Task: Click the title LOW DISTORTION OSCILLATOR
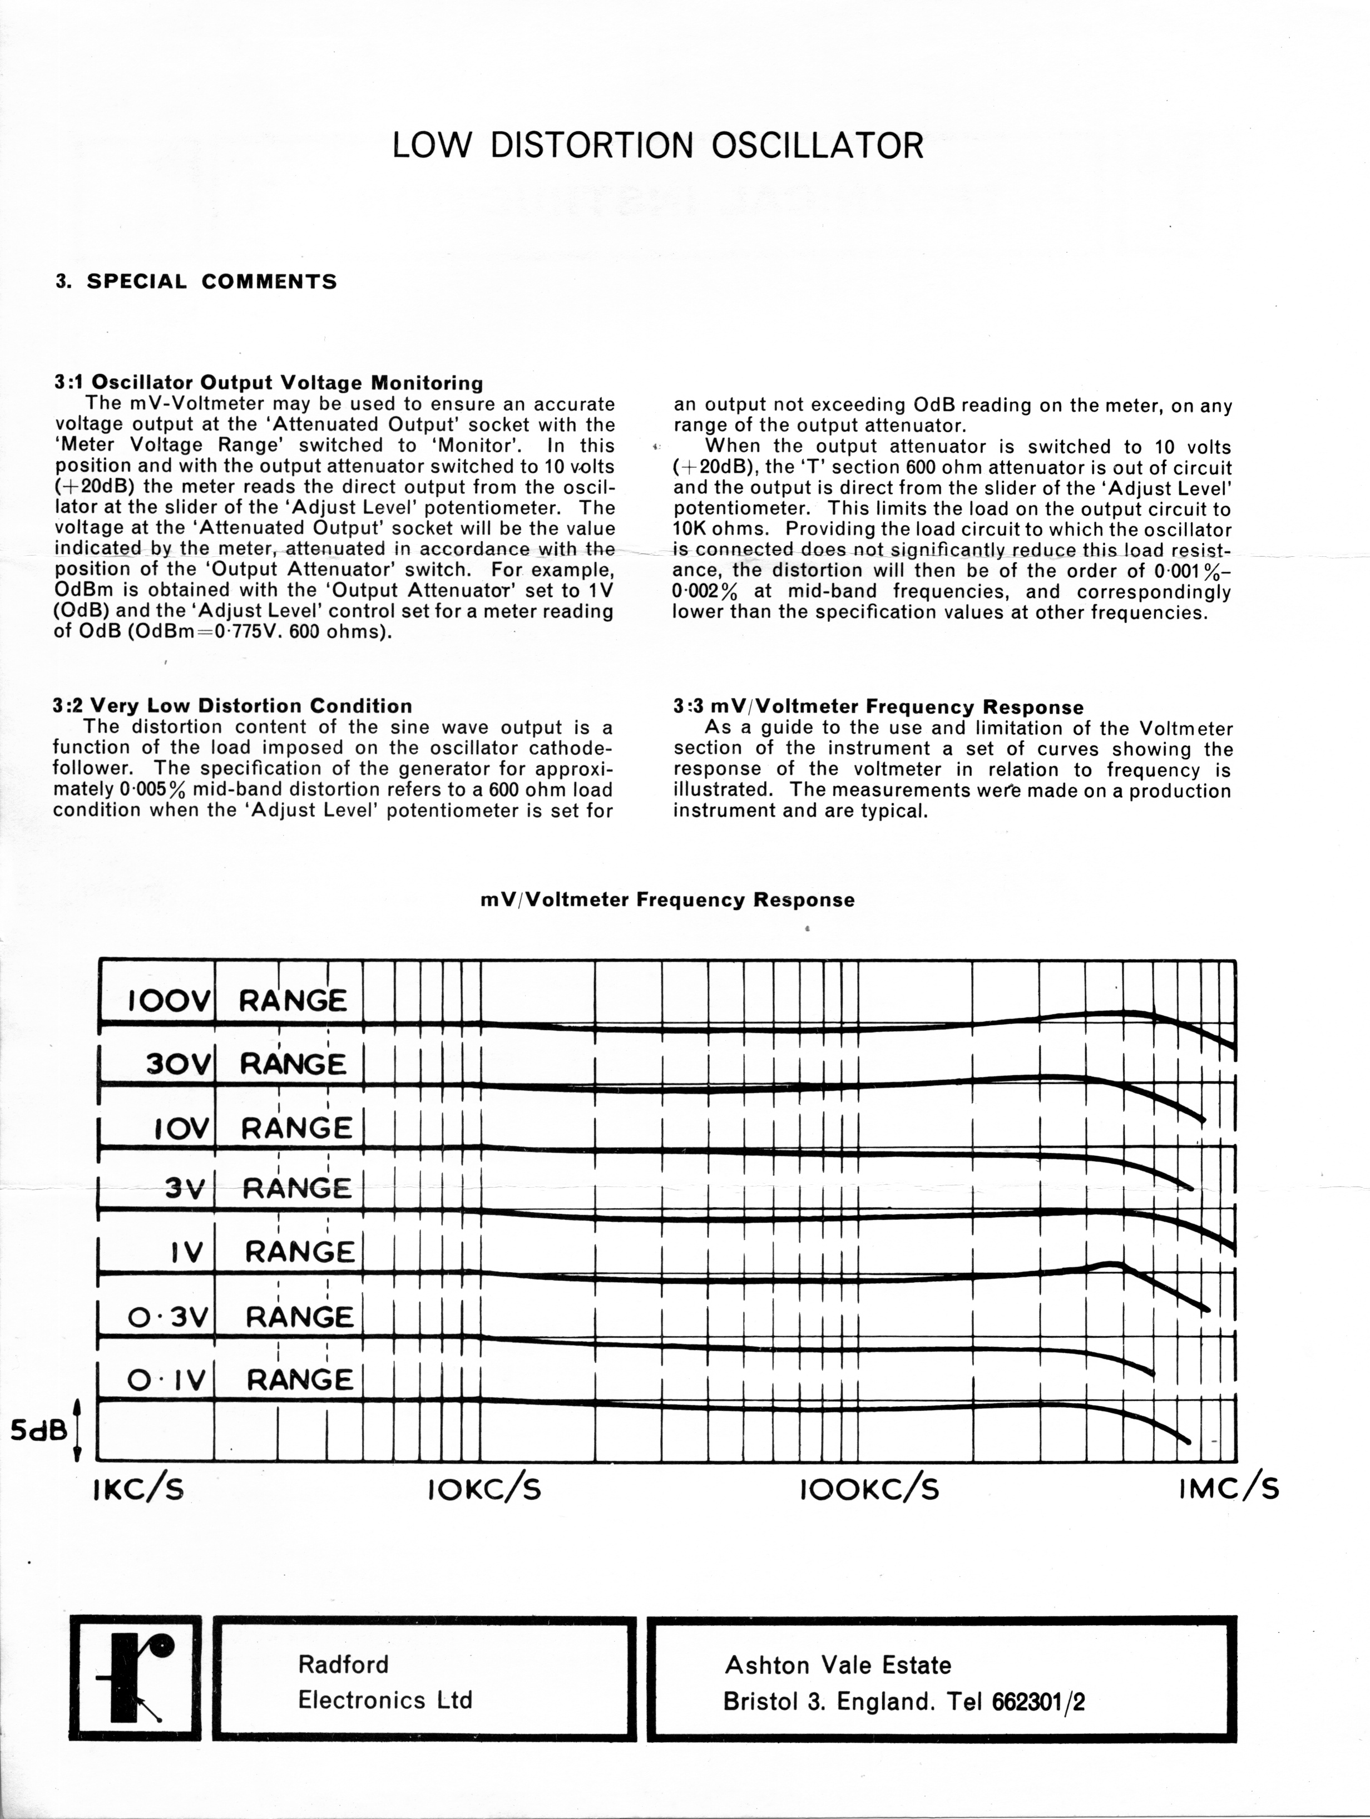tap(658, 146)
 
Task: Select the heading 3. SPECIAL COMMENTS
tap(196, 281)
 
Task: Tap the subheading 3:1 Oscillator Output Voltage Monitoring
tap(269, 382)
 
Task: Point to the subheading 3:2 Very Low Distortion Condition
tap(233, 705)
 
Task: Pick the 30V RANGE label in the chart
tap(246, 1064)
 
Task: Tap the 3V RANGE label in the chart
tap(258, 1188)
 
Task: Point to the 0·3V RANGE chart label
tap(240, 1317)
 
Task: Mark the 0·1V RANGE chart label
tap(240, 1379)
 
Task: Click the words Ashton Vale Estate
tap(837, 1665)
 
